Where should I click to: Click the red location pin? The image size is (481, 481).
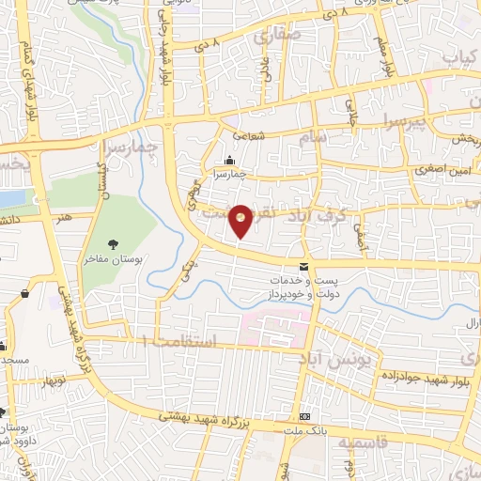tap(240, 220)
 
